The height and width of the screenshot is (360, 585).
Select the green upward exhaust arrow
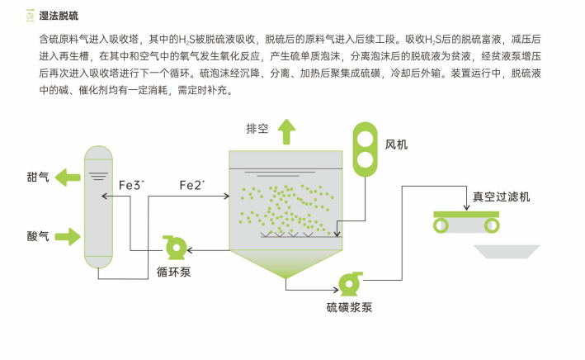point(286,130)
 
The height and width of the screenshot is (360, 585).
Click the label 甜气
point(38,176)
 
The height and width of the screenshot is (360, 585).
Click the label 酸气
point(38,237)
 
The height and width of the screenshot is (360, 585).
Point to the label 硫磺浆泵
point(349,308)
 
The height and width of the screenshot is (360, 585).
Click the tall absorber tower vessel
point(98,206)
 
